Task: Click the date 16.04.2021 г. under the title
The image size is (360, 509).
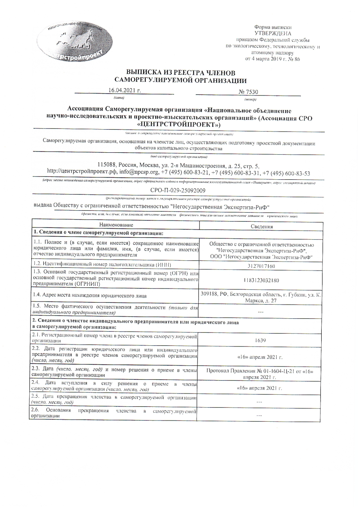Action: click(x=124, y=90)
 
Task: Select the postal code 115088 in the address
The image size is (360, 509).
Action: click(x=107, y=165)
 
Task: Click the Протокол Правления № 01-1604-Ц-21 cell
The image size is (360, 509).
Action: click(x=260, y=374)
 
